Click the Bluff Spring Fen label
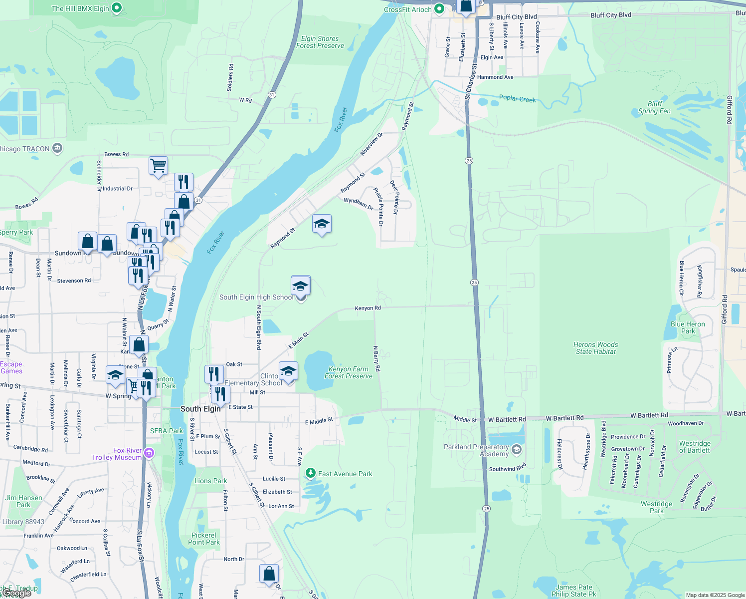tap(654, 107)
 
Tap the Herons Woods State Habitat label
tap(595, 348)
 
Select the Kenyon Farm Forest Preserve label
tap(348, 372)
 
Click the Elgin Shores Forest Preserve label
tap(320, 42)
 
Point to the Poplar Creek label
tap(517, 99)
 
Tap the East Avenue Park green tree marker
tap(311, 473)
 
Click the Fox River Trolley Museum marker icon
tap(149, 453)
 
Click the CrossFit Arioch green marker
tap(439, 9)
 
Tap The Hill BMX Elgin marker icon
tap(117, 8)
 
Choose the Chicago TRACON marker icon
tap(57, 148)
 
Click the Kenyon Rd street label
tap(368, 308)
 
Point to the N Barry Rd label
tap(376, 358)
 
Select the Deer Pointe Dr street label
tap(394, 197)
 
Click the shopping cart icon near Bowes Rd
tap(158, 165)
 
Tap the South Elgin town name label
tap(200, 409)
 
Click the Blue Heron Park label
tap(688, 327)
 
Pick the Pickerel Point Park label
tap(204, 539)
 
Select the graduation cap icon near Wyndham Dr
tap(322, 224)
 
